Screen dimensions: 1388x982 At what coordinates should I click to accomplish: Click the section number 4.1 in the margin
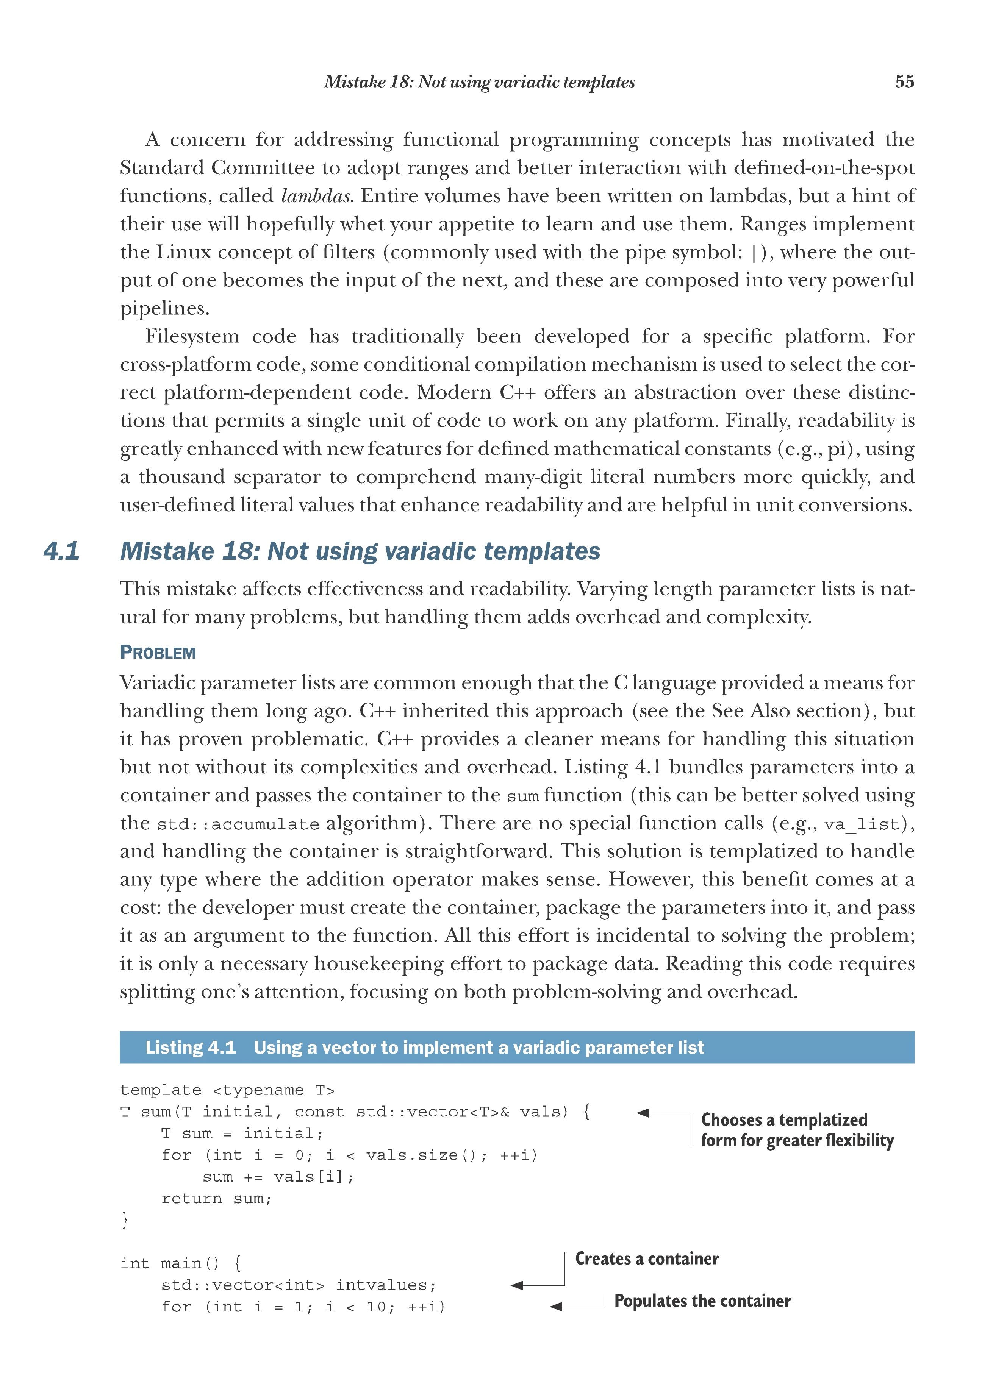[62, 551]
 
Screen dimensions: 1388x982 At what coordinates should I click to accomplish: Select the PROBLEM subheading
[158, 653]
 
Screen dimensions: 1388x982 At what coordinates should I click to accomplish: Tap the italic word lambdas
[317, 196]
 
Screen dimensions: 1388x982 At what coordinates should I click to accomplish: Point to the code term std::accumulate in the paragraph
[238, 824]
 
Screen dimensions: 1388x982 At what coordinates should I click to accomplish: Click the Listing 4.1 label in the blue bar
[191, 1048]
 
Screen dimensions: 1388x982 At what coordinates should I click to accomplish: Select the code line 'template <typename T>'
[227, 1090]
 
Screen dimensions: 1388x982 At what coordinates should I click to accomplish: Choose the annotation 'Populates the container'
[702, 1301]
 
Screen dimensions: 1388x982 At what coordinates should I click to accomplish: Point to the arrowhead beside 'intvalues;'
[517, 1285]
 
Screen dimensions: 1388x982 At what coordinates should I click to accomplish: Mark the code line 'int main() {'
[181, 1263]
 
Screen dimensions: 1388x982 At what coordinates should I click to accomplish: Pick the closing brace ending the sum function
[125, 1220]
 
